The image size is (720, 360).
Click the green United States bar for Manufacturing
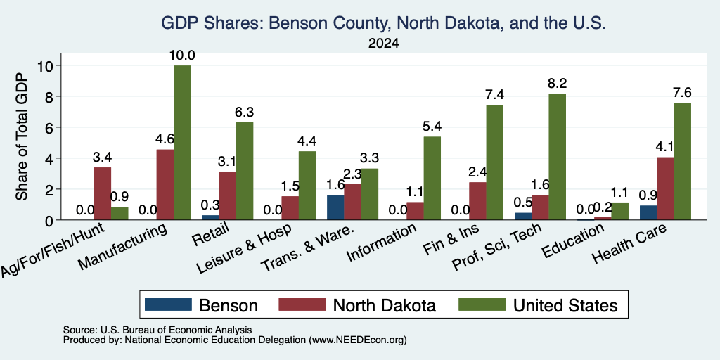pyautogui.click(x=182, y=142)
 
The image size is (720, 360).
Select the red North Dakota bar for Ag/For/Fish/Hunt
pyautogui.click(x=103, y=193)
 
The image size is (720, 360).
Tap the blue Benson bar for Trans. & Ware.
pyautogui.click(x=335, y=207)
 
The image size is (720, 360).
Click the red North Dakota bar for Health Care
pyautogui.click(x=665, y=188)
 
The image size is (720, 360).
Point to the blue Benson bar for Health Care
pyautogui.click(x=648, y=212)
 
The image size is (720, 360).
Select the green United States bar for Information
pyautogui.click(x=432, y=178)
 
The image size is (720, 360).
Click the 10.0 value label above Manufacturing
pyautogui.click(x=182, y=56)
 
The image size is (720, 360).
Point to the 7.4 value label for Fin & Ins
pyautogui.click(x=494, y=95)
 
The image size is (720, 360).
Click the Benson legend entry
pyautogui.click(x=201, y=305)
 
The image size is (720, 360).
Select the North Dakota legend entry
pyautogui.click(x=357, y=305)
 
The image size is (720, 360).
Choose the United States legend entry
pyautogui.click(x=538, y=305)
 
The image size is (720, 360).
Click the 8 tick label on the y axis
pyautogui.click(x=50, y=96)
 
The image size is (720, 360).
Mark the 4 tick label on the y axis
pyautogui.click(x=50, y=158)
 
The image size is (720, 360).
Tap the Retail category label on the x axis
pyautogui.click(x=210, y=234)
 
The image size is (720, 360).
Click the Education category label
pyautogui.click(x=572, y=241)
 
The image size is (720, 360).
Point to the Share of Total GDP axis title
pyautogui.click(x=22, y=136)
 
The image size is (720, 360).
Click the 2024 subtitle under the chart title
pyautogui.click(x=383, y=44)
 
